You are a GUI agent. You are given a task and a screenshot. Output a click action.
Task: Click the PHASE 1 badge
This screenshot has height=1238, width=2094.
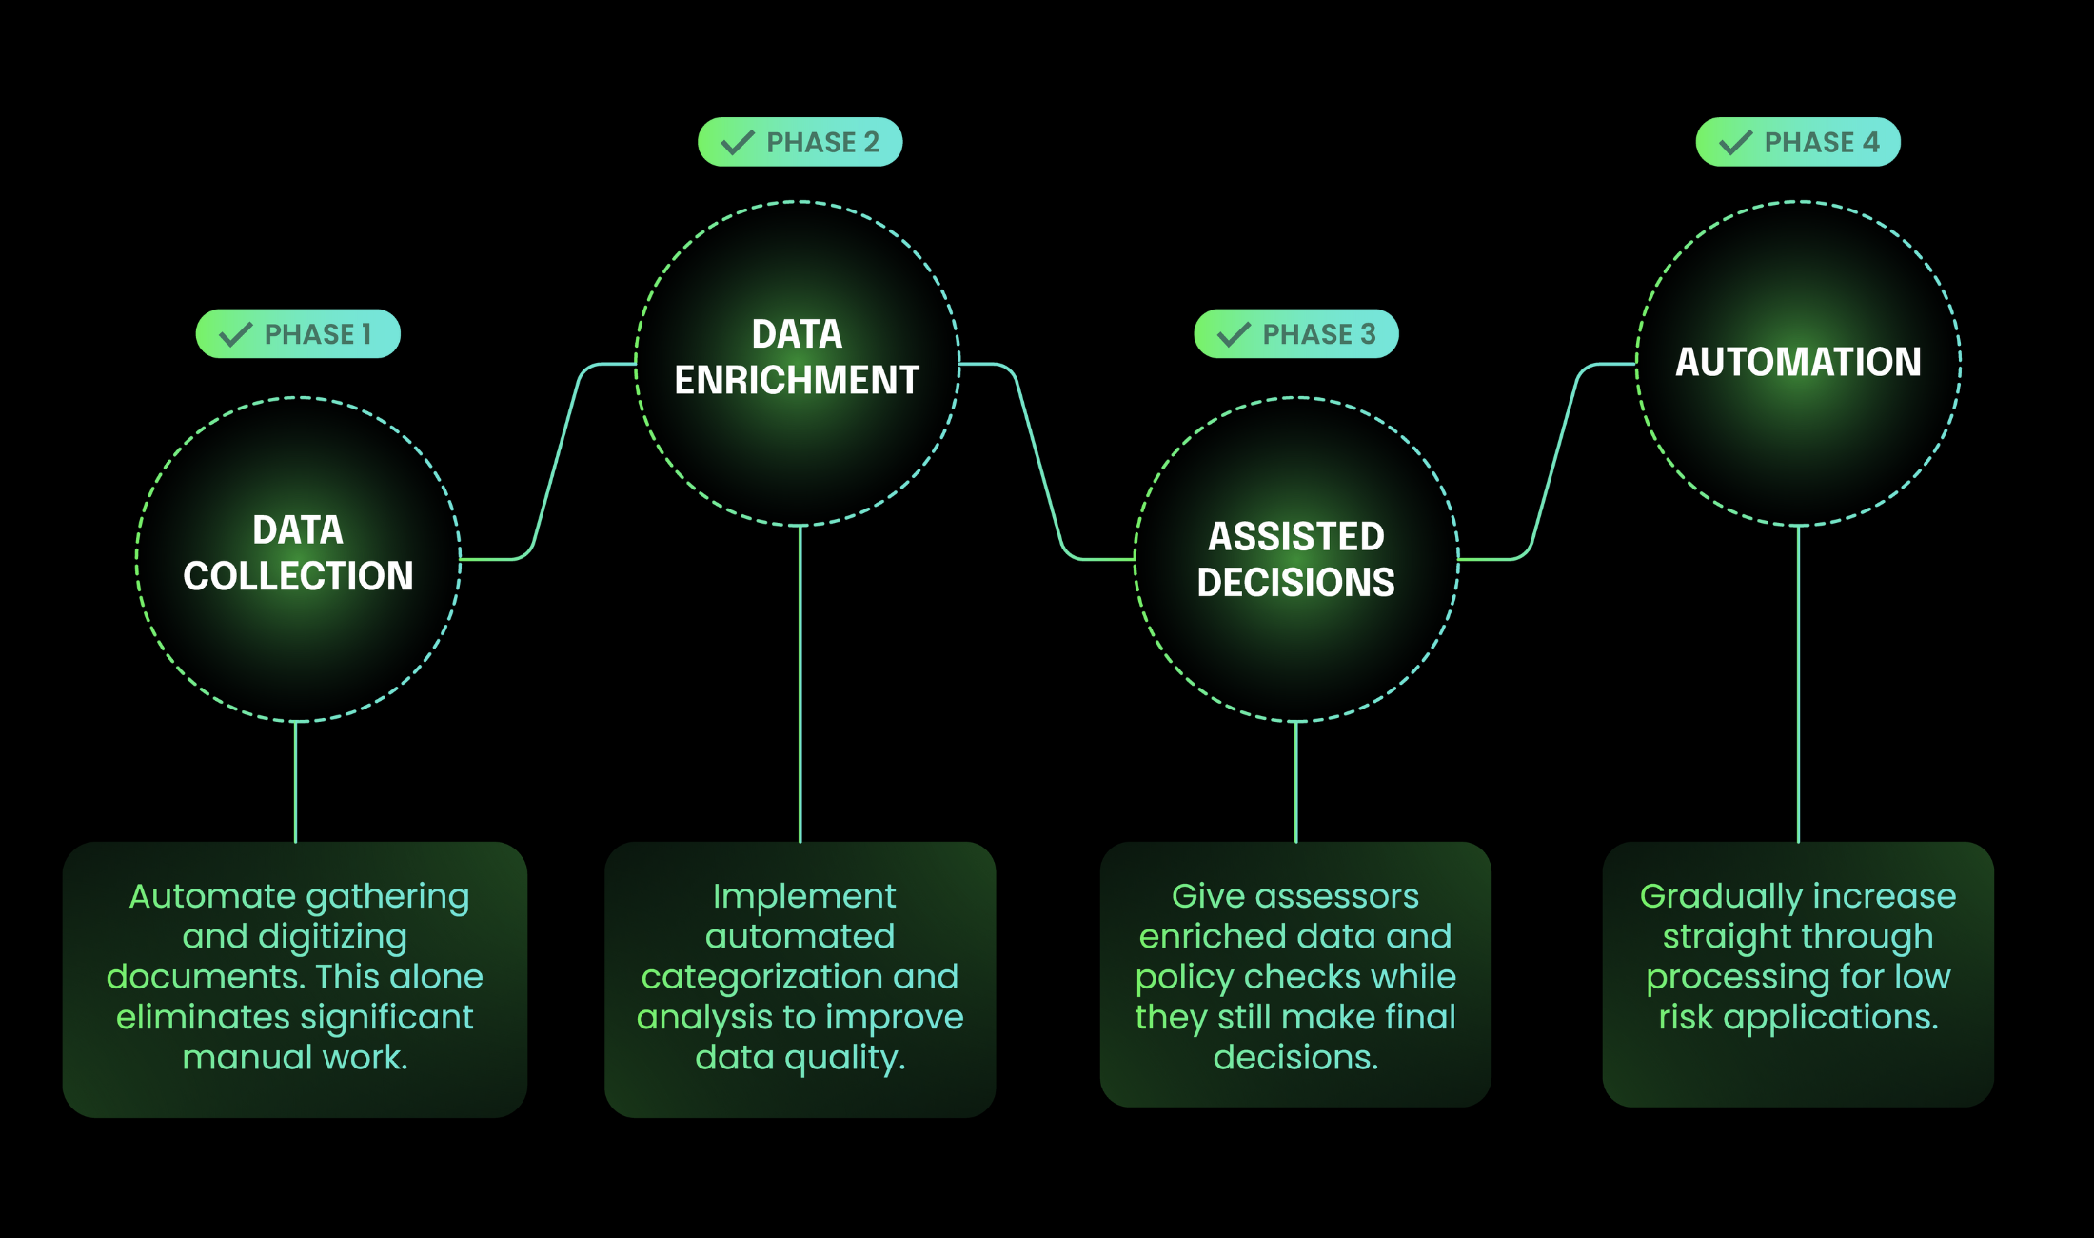pos(298,334)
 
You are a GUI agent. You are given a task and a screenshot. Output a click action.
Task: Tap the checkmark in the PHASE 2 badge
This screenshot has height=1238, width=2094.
pos(737,143)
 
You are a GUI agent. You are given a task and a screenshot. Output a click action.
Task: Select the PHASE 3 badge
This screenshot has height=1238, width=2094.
pos(1296,334)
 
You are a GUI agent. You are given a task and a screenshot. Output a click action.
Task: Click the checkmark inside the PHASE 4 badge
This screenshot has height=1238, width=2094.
pos(1735,143)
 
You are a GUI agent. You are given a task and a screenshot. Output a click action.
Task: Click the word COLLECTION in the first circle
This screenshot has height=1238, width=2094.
pos(298,576)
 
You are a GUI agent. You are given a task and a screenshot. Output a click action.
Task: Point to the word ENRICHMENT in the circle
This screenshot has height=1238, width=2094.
pos(797,380)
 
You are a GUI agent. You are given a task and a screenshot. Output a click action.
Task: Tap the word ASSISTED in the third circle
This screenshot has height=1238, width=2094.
pos(1296,536)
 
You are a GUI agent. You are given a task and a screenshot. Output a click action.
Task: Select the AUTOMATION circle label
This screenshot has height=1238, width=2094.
pos(1798,362)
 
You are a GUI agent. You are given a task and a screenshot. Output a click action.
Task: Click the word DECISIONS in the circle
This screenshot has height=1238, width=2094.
pos(1296,582)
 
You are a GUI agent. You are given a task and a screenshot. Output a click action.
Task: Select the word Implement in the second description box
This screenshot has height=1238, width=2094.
pos(804,896)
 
